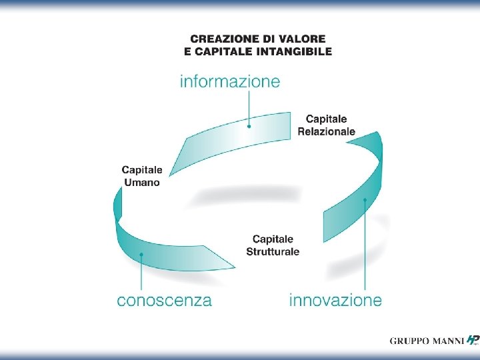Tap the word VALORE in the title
[x=305, y=40]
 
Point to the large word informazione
[x=230, y=81]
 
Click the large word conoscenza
[x=164, y=300]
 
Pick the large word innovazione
[x=335, y=300]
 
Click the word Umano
[x=141, y=182]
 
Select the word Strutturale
[x=273, y=251]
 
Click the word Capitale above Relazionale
[x=326, y=119]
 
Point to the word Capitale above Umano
[x=141, y=170]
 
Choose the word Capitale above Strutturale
[x=273, y=239]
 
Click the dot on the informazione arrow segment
[x=249, y=125]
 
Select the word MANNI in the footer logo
[x=447, y=341]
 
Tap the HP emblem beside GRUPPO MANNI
[x=473, y=340]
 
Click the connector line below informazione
[x=249, y=107]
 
